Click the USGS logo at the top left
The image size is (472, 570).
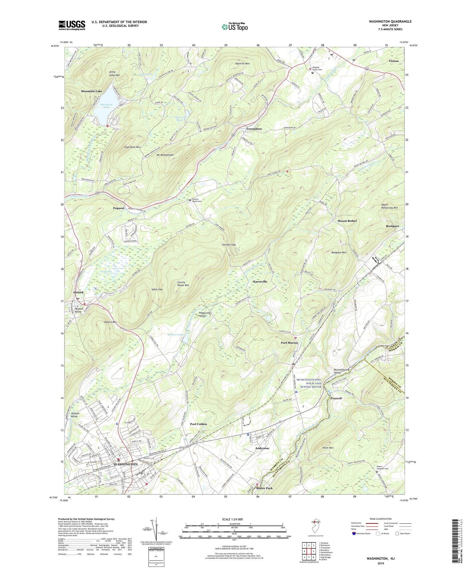click(72, 25)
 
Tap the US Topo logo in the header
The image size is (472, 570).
click(235, 27)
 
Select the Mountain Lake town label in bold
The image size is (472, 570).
click(92, 91)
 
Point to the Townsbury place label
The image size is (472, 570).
click(254, 129)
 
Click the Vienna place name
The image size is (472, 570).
click(393, 61)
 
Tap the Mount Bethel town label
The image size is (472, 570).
click(347, 221)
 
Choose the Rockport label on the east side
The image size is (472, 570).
click(392, 226)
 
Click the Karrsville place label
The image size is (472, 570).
click(260, 282)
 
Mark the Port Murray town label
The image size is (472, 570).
click(289, 343)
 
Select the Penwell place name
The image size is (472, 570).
click(336, 398)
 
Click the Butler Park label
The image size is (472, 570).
click(264, 488)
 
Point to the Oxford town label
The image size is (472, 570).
click(78, 292)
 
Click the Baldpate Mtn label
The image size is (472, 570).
click(339, 252)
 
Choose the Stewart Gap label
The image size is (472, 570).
click(229, 245)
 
